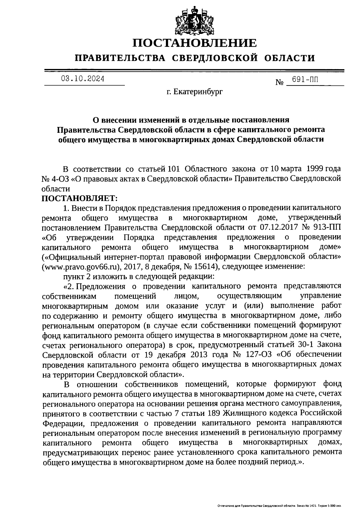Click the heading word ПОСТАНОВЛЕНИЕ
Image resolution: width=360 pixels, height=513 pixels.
click(x=195, y=43)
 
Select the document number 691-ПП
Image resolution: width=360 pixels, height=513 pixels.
click(x=303, y=80)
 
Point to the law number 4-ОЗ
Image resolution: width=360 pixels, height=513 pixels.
click(x=60, y=179)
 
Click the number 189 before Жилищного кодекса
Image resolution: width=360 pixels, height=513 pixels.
click(x=214, y=413)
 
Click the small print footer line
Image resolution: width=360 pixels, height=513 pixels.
click(x=279, y=506)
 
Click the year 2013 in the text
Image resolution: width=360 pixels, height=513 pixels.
click(x=198, y=354)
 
